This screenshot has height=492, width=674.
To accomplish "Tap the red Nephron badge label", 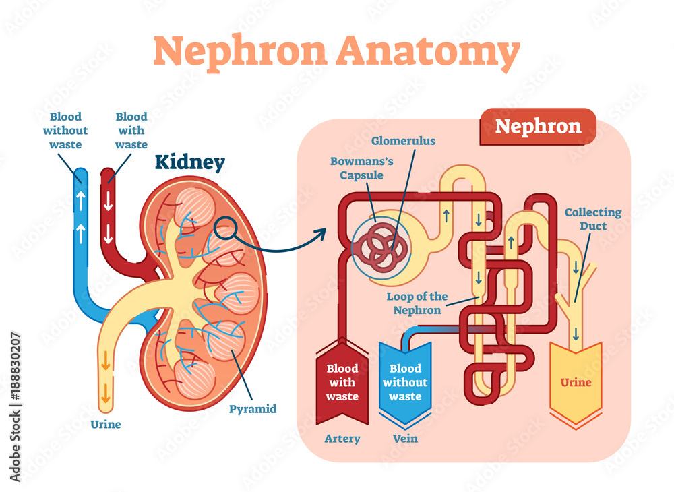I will point(538,126).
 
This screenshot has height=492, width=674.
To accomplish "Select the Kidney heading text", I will point(190,162).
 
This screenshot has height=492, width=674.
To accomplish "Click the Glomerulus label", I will point(403,142).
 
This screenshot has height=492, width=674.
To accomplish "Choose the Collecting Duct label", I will point(593,220).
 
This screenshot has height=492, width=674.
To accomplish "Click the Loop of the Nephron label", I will point(417,303).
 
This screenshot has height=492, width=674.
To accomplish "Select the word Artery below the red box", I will point(342,439).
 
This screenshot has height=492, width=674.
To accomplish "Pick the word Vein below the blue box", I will point(405,439).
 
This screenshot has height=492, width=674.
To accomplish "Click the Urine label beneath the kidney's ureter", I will point(105,425).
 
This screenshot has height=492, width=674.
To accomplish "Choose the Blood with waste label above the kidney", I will point(131,131).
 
